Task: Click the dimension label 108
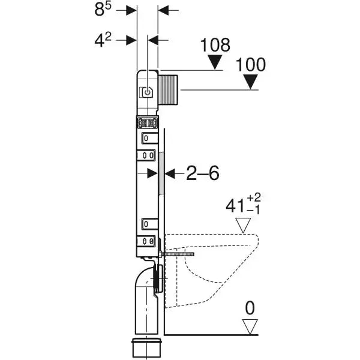point(215,44)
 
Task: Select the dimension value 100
point(251,64)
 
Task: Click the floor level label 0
point(250,308)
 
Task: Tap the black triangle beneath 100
point(250,82)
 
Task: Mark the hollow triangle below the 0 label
point(250,327)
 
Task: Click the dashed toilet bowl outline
point(216,270)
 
